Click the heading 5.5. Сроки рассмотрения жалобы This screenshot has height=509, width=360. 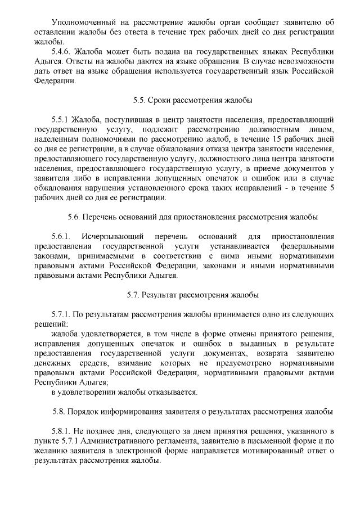point(192,101)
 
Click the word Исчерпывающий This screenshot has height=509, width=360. point(115,236)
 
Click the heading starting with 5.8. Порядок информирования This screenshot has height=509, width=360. point(192,412)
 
